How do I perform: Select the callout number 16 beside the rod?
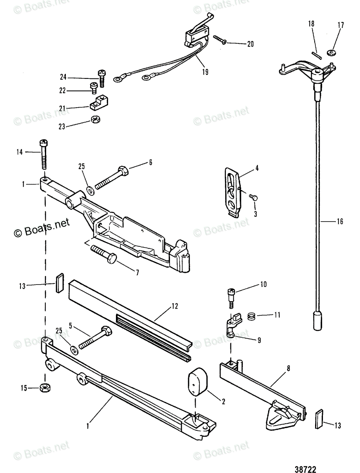339,222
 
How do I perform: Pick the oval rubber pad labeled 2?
198,381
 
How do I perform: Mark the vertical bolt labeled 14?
43,156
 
